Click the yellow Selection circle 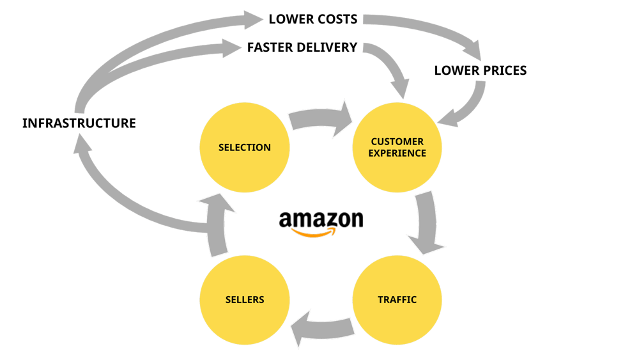tap(244, 147)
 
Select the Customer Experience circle tap(397, 147)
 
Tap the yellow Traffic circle tap(397, 299)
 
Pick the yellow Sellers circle tap(244, 299)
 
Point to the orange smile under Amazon tap(312, 233)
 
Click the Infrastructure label tap(79, 123)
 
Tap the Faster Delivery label tap(302, 48)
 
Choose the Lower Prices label tap(480, 70)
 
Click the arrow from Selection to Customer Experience tap(322, 119)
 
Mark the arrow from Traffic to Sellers tap(322, 327)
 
